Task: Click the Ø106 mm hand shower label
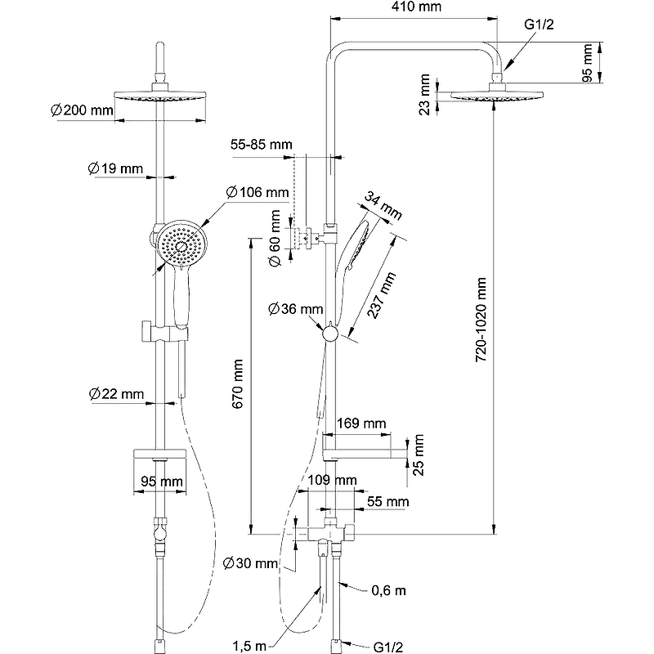[x=258, y=193]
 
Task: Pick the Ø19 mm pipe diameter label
[x=115, y=169]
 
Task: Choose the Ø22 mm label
[x=116, y=395]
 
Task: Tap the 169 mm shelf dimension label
[x=361, y=423]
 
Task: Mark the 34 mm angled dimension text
[x=384, y=206]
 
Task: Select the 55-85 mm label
[x=261, y=145]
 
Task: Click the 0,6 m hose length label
[x=388, y=589]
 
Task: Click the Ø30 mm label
[x=251, y=563]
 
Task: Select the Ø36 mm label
[x=296, y=309]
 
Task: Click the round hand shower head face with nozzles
[x=181, y=243]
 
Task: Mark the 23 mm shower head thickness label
[x=425, y=96]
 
